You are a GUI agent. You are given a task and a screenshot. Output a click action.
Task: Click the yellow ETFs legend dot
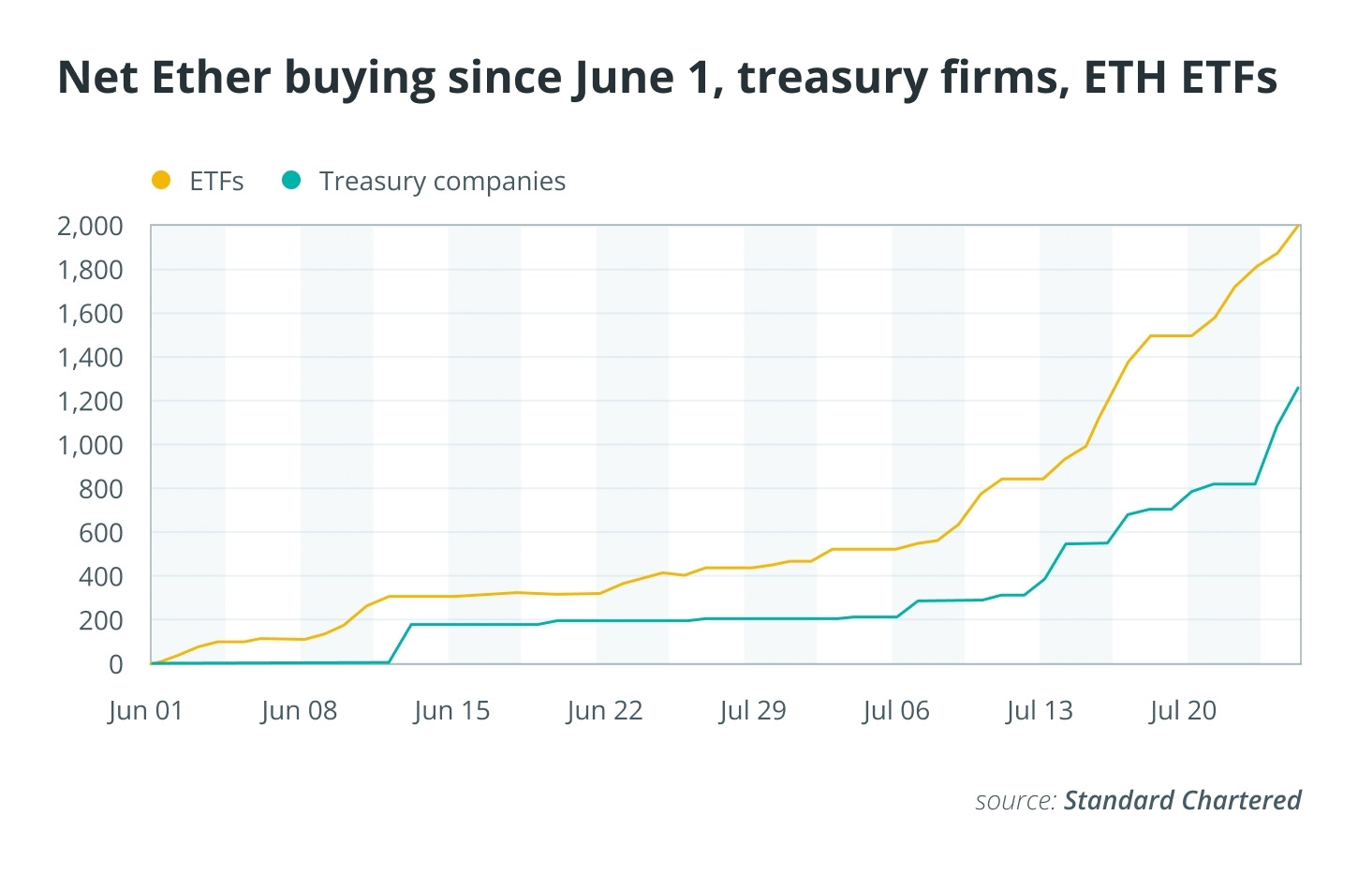[x=161, y=180]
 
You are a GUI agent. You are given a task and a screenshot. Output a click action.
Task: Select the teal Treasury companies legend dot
[x=291, y=180]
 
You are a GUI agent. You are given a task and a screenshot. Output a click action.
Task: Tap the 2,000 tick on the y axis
[x=90, y=226]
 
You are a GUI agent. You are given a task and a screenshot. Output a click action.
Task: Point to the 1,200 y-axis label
[x=90, y=401]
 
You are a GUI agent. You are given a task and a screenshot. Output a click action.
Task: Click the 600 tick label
[x=100, y=533]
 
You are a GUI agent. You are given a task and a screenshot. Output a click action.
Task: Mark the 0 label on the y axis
[x=116, y=664]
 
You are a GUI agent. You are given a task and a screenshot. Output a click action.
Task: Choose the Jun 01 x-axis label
[x=145, y=711]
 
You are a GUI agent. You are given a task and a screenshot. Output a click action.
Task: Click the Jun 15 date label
[x=451, y=711]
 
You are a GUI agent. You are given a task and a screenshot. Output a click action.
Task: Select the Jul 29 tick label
[x=753, y=711]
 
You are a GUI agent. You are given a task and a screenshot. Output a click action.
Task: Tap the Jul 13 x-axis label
[x=1040, y=711]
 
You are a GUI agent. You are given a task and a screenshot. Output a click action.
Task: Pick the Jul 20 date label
[x=1183, y=711]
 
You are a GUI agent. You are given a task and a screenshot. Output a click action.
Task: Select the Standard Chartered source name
[x=1183, y=800]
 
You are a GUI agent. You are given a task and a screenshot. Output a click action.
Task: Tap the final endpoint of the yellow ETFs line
[x=1299, y=226]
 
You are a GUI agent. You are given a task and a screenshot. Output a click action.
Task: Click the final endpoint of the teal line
[x=1298, y=388]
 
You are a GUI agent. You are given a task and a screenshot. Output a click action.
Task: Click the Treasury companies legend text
[x=443, y=182]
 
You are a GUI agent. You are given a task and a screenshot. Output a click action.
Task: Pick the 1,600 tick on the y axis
[x=90, y=314]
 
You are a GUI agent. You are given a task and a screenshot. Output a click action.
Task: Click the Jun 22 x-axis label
[x=604, y=711]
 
